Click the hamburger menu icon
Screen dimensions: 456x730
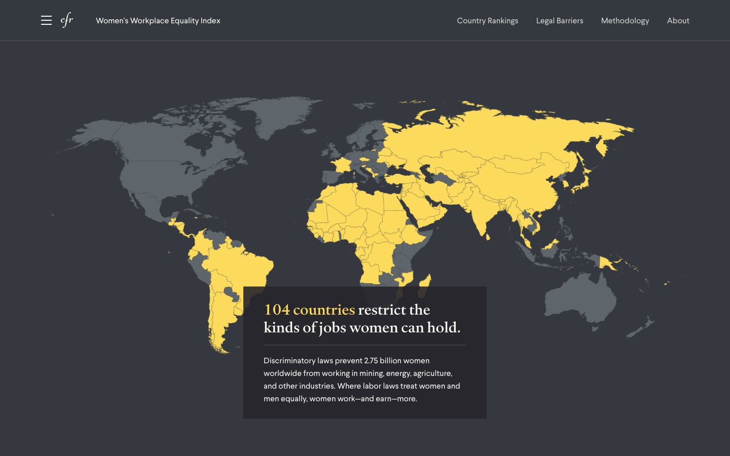pyautogui.click(x=46, y=20)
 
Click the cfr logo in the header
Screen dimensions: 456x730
pyautogui.click(x=67, y=20)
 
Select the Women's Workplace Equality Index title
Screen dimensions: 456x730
pyautogui.click(x=158, y=21)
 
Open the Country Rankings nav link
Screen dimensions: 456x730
pyautogui.click(x=487, y=21)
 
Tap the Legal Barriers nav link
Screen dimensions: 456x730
pyautogui.click(x=560, y=21)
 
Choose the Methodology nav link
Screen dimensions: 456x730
pyautogui.click(x=625, y=21)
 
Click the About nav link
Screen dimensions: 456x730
pyautogui.click(x=678, y=21)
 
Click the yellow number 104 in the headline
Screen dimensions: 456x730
pyautogui.click(x=277, y=310)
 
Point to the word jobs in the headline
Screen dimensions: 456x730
pyautogui.click(x=333, y=328)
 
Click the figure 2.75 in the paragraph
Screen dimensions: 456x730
pyautogui.click(x=371, y=361)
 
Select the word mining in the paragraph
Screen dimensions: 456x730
pyautogui.click(x=371, y=373)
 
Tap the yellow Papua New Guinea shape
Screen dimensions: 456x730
pyautogui.click(x=607, y=263)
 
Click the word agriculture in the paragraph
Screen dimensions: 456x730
pyautogui.click(x=432, y=373)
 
